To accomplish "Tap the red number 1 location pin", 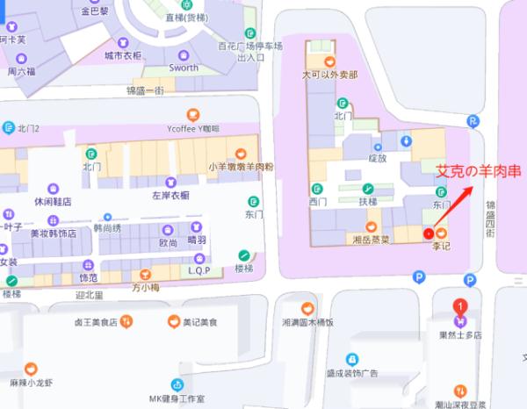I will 459,306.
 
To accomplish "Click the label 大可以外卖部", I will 329,75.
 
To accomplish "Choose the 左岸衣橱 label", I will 170,195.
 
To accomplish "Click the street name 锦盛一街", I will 145,90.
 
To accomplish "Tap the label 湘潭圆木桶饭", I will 307,322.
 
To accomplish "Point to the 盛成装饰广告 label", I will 351,373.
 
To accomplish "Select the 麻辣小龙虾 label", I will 32,383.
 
